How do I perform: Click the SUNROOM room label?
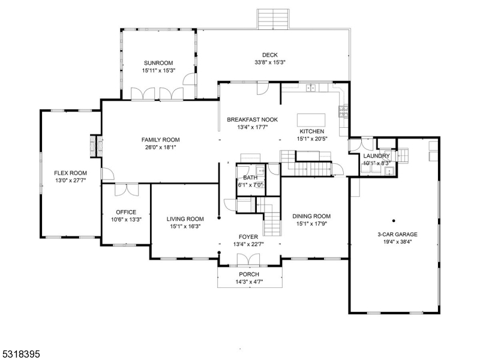coord(158,62)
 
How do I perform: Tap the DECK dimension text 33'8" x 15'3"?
coord(269,62)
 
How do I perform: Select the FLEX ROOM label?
coord(66,172)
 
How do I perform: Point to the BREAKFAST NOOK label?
coord(247,119)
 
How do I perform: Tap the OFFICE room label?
coord(126,212)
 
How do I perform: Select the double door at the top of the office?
coord(126,189)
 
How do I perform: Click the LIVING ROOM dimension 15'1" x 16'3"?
coord(185,227)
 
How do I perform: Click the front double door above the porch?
coord(248,259)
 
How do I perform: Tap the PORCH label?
coord(248,274)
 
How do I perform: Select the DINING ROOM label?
coord(311,216)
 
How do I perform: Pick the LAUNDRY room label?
coord(377,156)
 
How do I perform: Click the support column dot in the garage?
coord(394,220)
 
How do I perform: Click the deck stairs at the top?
coord(274,19)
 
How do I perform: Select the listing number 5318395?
coord(20,355)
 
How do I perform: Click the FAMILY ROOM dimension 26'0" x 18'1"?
coord(160,147)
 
